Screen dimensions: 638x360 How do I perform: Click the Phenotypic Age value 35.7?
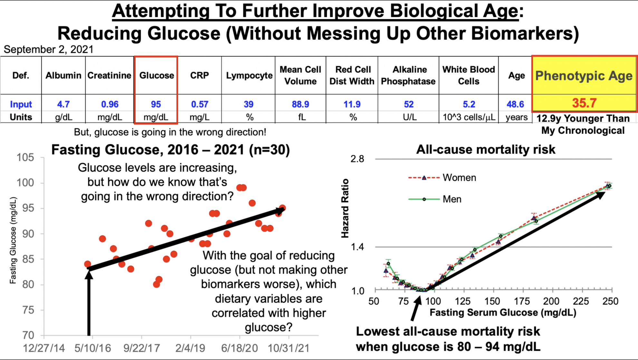coord(584,103)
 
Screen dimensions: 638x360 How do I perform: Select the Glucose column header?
coord(156,75)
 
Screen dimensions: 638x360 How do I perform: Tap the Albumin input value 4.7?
coord(63,104)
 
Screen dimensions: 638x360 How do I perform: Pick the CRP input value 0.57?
coord(199,104)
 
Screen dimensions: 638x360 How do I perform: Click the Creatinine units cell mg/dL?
coord(110,117)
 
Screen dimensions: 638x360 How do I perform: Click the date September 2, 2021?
coord(48,49)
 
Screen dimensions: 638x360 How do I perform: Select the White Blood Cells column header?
coord(469,75)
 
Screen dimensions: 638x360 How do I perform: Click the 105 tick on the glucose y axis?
coord(25,158)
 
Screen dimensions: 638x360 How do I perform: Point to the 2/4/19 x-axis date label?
coord(190,348)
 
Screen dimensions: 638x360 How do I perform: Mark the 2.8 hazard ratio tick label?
coord(357,159)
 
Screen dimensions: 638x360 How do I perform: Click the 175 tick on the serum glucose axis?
coord(522,301)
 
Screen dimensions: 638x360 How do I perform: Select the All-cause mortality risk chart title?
coord(486,150)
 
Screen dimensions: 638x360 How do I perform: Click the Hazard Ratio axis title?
coord(345,208)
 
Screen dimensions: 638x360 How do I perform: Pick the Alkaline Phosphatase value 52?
coord(409,104)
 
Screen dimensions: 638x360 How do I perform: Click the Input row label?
coord(21,104)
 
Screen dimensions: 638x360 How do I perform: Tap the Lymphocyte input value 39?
coord(248,104)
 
